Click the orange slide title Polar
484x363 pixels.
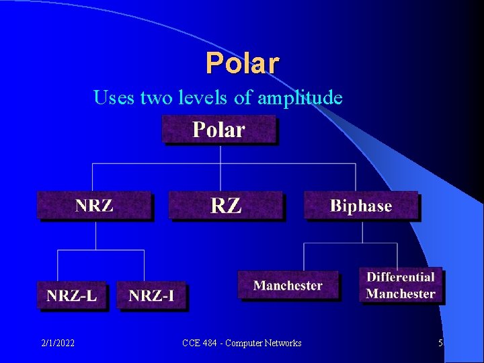click(242, 63)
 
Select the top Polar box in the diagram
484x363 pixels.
click(219, 129)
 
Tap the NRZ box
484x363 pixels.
click(95, 206)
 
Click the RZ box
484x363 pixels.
click(226, 206)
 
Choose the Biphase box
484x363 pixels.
click(361, 206)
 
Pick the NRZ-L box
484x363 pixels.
click(72, 295)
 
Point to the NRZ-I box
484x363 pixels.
click(151, 296)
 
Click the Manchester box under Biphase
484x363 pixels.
click(288, 286)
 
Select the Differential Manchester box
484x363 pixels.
click(401, 286)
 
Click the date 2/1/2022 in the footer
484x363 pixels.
click(57, 344)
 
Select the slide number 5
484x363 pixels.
click(440, 344)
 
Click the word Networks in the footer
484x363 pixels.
click(282, 344)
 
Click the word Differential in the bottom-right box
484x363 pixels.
click(401, 277)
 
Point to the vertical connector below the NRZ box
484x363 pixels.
click(96, 235)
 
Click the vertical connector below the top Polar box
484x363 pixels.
click(220, 153)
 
